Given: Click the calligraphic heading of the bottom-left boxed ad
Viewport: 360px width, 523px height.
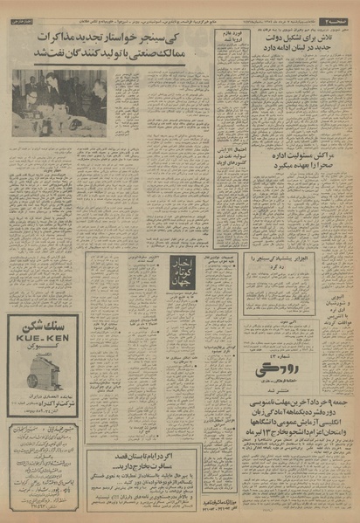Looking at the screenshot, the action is click(x=39, y=431).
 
